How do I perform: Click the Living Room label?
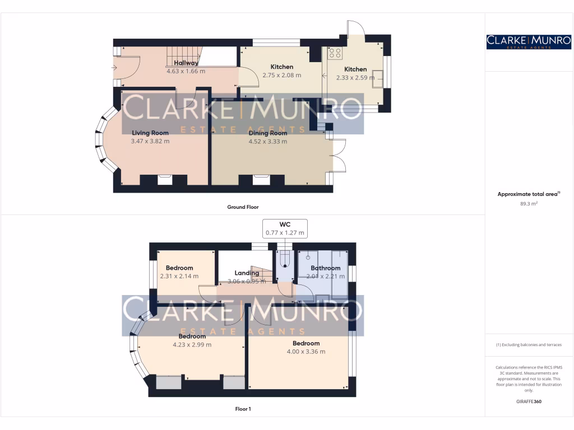[x=150, y=133]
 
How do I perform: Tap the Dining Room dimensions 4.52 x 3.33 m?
[x=268, y=142]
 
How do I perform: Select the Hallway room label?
[x=186, y=63]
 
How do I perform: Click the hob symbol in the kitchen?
[x=335, y=53]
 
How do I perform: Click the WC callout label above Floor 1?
[x=285, y=224]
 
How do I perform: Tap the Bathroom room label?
[x=326, y=268]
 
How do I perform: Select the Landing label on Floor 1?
[x=247, y=273]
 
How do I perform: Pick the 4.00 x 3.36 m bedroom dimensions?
[x=305, y=352]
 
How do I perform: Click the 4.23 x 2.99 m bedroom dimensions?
[x=192, y=345]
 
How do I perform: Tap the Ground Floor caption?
[x=243, y=207]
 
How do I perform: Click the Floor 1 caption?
[x=243, y=409]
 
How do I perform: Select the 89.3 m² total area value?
[x=529, y=204]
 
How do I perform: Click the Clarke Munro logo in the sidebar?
[x=529, y=41]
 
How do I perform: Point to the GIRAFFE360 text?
[x=529, y=401]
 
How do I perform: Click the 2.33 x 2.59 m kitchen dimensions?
[x=355, y=78]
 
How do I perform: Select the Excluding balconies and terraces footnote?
[x=529, y=345]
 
